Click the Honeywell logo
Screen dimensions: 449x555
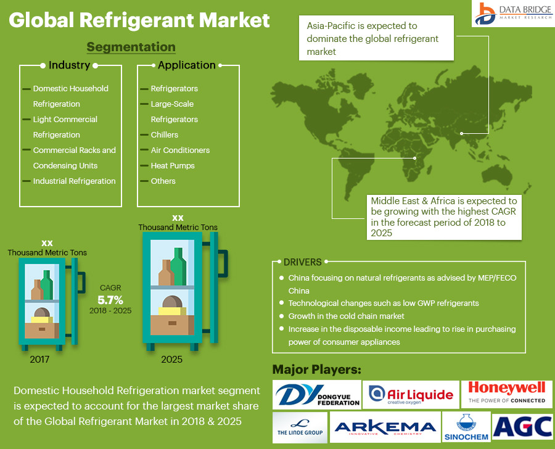[x=507, y=392]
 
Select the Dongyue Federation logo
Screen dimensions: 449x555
[x=317, y=395]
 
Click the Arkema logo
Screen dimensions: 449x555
[x=385, y=427]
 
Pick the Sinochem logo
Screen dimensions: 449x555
[x=466, y=427]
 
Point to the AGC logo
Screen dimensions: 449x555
[x=522, y=426]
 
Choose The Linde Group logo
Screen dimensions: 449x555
[x=300, y=427]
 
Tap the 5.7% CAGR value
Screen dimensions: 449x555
[x=110, y=300]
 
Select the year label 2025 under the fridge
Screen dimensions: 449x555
[x=172, y=359]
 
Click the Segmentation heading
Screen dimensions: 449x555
[x=131, y=47]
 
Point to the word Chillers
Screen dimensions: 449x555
[x=165, y=134]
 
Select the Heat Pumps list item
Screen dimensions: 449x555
[x=173, y=165]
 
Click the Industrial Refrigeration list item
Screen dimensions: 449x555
[x=74, y=181]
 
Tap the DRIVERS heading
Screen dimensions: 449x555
[x=302, y=262]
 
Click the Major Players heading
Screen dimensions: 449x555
[x=316, y=369]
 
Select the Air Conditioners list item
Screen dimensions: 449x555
[x=180, y=150]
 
